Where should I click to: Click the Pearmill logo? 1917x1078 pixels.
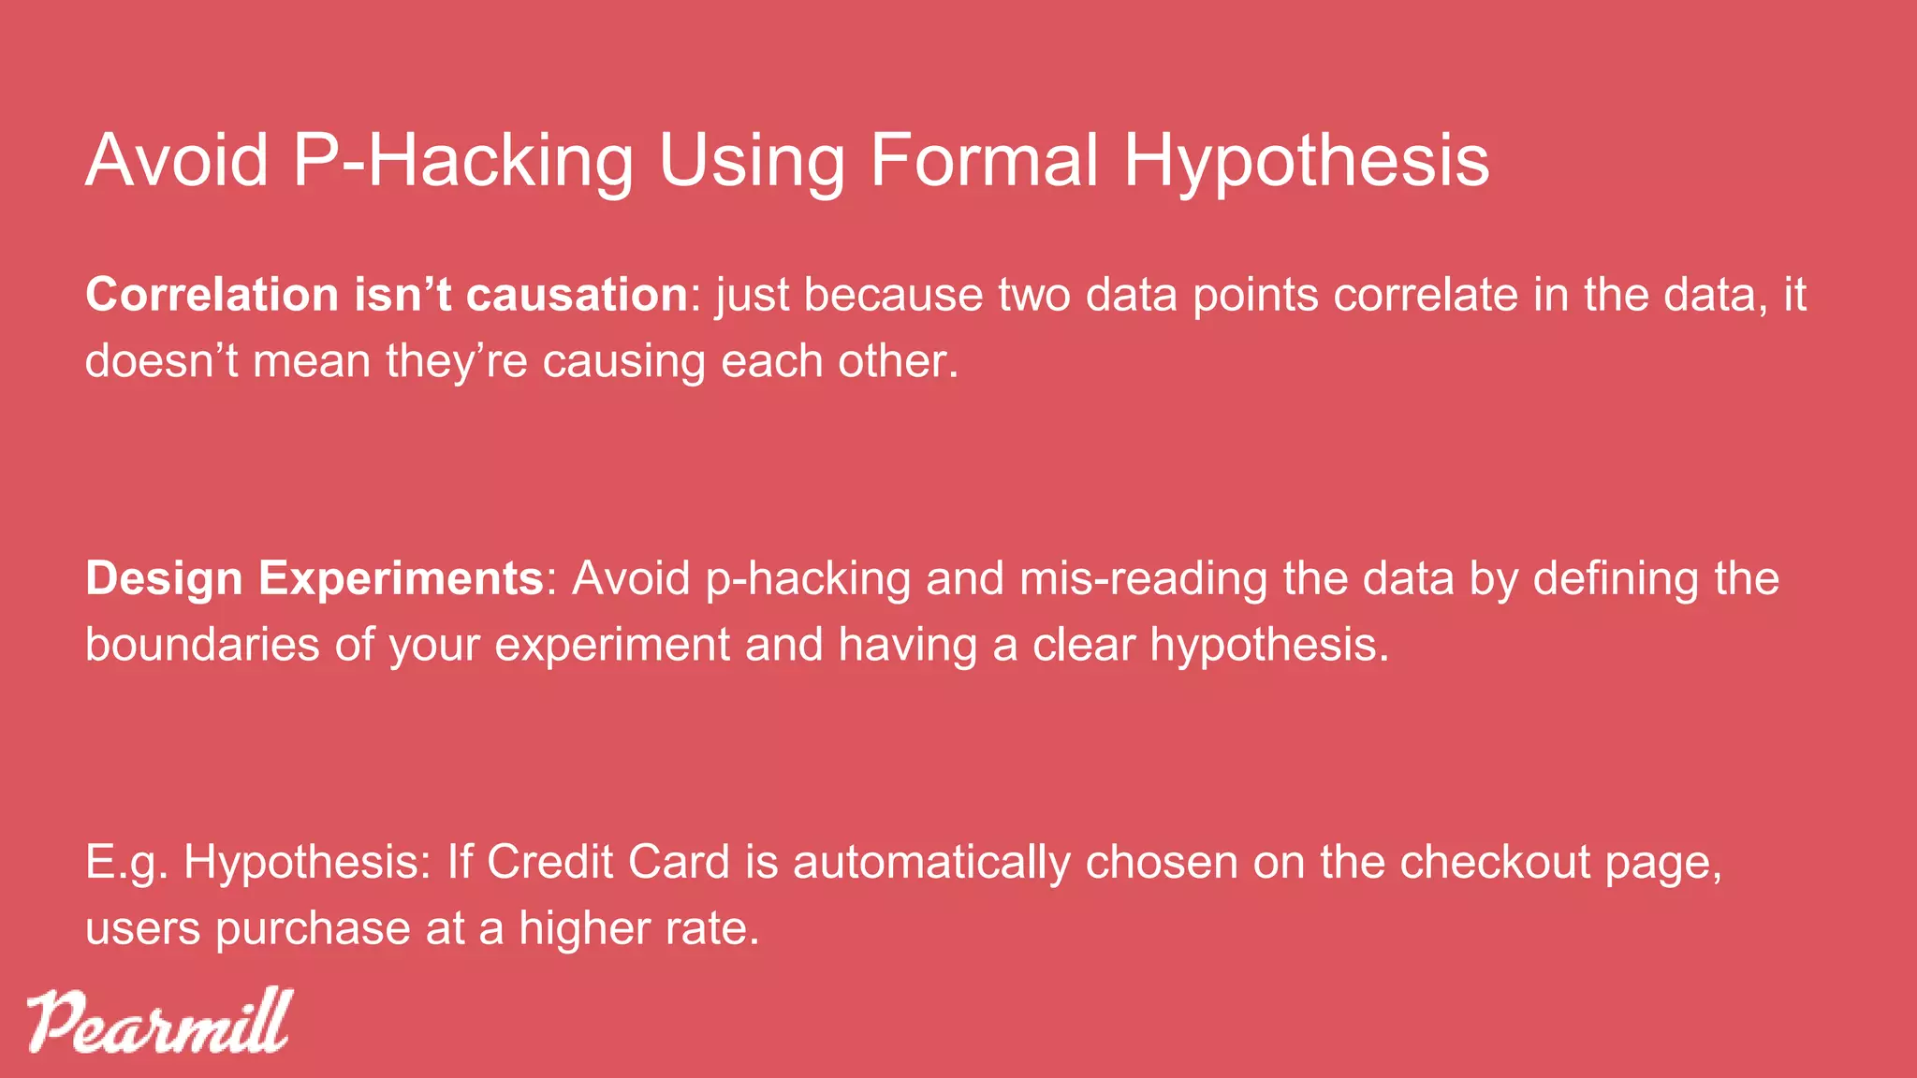tap(158, 1021)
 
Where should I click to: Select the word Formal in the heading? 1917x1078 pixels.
tap(985, 161)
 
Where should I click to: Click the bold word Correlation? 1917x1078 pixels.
tap(212, 295)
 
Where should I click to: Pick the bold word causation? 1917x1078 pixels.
tap(577, 295)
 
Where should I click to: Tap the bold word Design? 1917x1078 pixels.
tap(164, 579)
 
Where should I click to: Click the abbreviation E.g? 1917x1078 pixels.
tap(126, 863)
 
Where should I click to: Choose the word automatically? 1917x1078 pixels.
tap(931, 863)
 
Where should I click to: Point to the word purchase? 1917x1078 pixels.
tap(313, 929)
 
